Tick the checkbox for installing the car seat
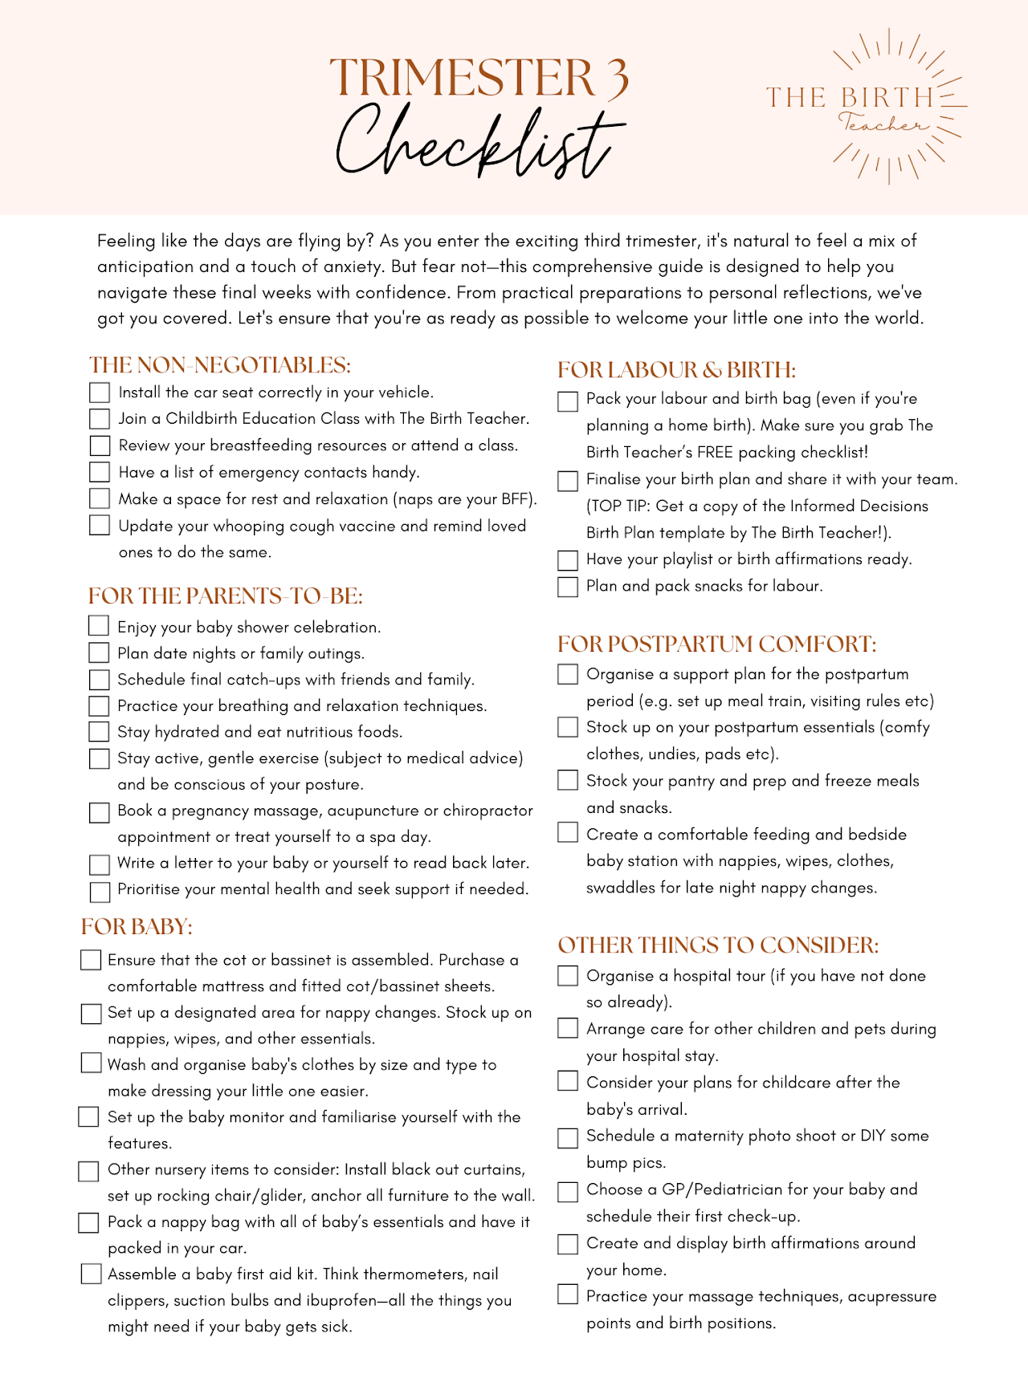coord(100,392)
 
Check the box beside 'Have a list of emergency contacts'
coord(100,472)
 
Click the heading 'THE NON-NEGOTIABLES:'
coord(220,365)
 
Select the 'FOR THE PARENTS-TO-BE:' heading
coord(226,596)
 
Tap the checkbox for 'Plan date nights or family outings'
coord(99,653)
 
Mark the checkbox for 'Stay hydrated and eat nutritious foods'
coord(99,732)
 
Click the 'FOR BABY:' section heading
coord(137,927)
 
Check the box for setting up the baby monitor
coord(88,1117)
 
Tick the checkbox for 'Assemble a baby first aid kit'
coord(92,1274)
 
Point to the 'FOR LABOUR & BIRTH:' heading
coord(676,370)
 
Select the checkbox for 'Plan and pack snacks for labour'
coord(568,587)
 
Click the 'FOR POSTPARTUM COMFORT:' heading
coord(716,644)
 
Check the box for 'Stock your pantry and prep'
coord(568,781)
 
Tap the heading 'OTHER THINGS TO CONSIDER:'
coord(718,945)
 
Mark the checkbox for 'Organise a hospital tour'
coord(568,976)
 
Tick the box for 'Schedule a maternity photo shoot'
coord(568,1137)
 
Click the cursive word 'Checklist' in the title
coord(479,143)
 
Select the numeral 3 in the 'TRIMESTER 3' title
coord(616,79)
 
